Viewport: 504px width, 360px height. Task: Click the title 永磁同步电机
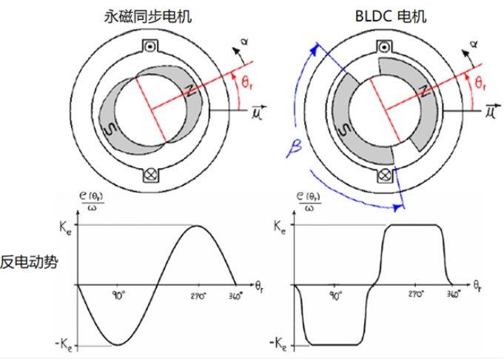[x=148, y=16]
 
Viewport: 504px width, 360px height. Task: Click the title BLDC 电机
[x=391, y=16]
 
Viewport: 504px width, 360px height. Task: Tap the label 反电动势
[x=29, y=262]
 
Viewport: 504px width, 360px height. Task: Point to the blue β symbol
[x=295, y=149]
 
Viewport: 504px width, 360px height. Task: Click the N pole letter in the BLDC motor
[x=425, y=91]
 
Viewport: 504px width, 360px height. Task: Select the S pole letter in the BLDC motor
[x=345, y=130]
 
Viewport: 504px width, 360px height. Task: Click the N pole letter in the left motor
[x=190, y=91]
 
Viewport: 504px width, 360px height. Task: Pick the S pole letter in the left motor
[x=111, y=130]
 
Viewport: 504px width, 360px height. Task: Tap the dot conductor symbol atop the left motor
[x=150, y=47]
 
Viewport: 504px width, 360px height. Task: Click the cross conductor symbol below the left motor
[x=150, y=175]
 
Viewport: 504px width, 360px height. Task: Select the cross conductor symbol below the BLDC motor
[x=384, y=176]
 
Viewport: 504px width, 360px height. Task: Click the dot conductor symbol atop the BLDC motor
[x=384, y=47]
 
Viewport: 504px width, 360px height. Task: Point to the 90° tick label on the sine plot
[x=118, y=296]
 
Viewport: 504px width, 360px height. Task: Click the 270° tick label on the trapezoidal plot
[x=416, y=294]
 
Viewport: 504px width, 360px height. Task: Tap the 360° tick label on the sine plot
[x=235, y=296]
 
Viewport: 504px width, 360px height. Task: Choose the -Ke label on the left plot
[x=64, y=344]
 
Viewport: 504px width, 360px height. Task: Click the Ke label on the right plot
[x=280, y=227]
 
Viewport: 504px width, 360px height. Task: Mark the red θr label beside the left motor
[x=247, y=82]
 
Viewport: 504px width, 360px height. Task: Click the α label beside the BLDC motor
[x=474, y=44]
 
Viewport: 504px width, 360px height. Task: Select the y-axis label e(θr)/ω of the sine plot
[x=92, y=201]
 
